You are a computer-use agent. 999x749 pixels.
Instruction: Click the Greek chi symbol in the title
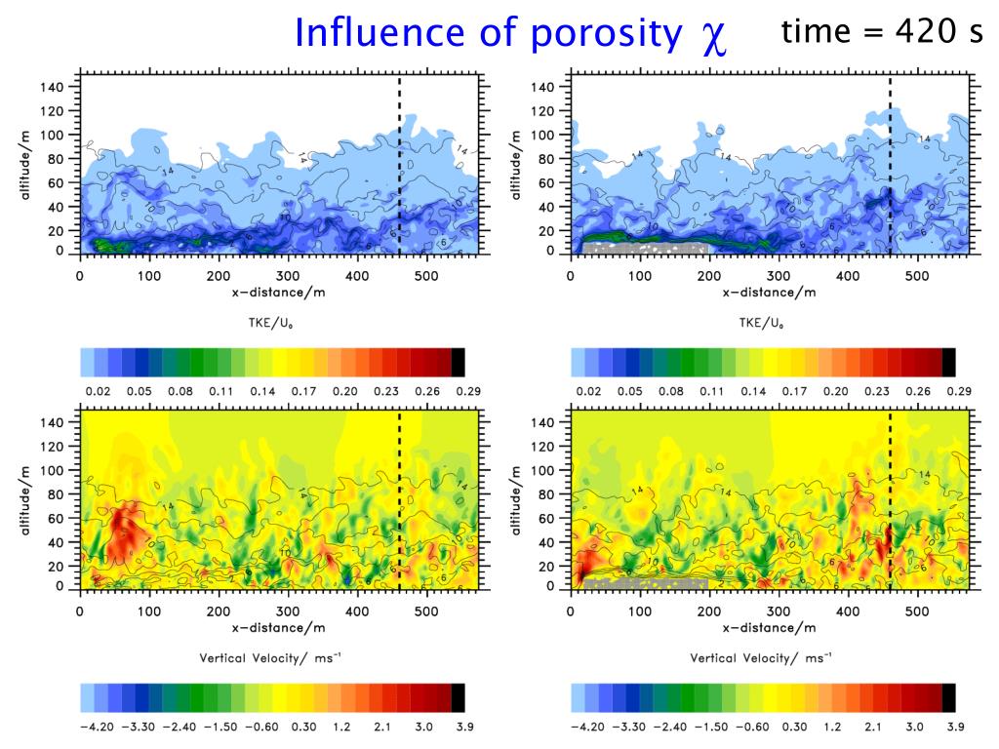pyautogui.click(x=711, y=35)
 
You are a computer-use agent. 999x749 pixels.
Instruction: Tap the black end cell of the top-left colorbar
pyautogui.click(x=459, y=362)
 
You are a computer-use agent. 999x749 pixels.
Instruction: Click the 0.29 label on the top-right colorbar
pyautogui.click(x=951, y=390)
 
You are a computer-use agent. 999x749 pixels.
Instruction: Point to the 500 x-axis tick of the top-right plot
pyautogui.click(x=916, y=276)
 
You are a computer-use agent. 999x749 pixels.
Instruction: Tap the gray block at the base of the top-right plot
pyautogui.click(x=644, y=248)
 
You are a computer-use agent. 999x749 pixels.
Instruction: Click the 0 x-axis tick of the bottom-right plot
pyautogui.click(x=570, y=611)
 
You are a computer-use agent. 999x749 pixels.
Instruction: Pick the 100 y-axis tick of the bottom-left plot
pyautogui.click(x=56, y=471)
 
